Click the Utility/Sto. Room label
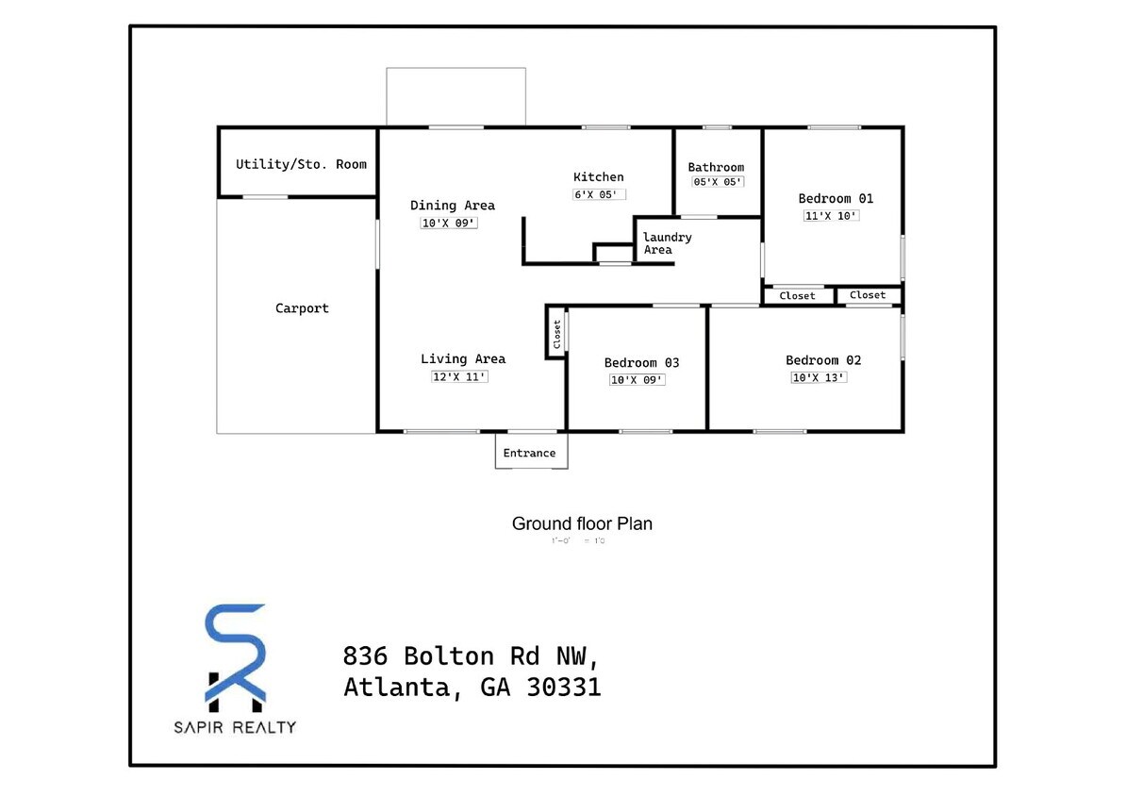click(301, 164)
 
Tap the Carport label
click(302, 308)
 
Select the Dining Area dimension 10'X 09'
click(450, 224)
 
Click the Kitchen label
click(598, 177)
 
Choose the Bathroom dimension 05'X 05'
click(718, 182)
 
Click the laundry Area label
click(667, 243)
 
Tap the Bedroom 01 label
click(836, 198)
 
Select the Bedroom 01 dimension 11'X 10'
click(832, 215)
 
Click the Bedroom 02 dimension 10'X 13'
click(819, 377)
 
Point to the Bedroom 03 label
click(641, 363)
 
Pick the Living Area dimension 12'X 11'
click(459, 376)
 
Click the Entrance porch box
click(531, 452)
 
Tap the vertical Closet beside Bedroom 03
click(555, 332)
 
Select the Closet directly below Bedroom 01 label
click(797, 296)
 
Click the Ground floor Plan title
click(582, 523)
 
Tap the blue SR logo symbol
click(236, 656)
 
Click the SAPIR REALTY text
click(235, 727)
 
